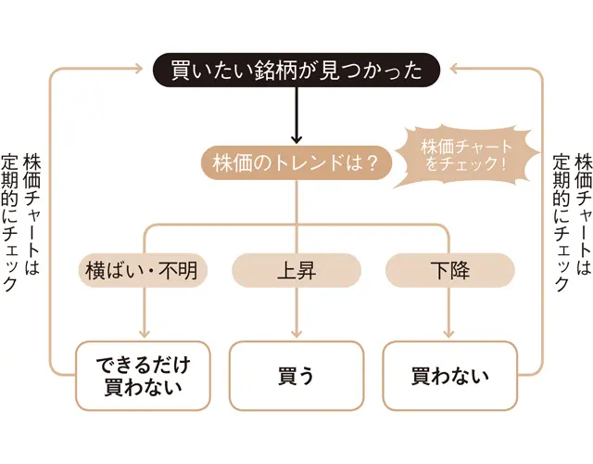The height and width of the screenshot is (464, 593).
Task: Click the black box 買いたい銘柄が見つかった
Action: pyautogui.click(x=296, y=69)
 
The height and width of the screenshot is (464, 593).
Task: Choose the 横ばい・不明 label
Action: pyautogui.click(x=143, y=271)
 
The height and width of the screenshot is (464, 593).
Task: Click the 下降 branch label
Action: pyautogui.click(x=449, y=271)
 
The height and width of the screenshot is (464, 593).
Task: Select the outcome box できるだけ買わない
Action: pyautogui.click(x=143, y=376)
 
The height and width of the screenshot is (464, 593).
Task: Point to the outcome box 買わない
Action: pyautogui.click(x=449, y=376)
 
